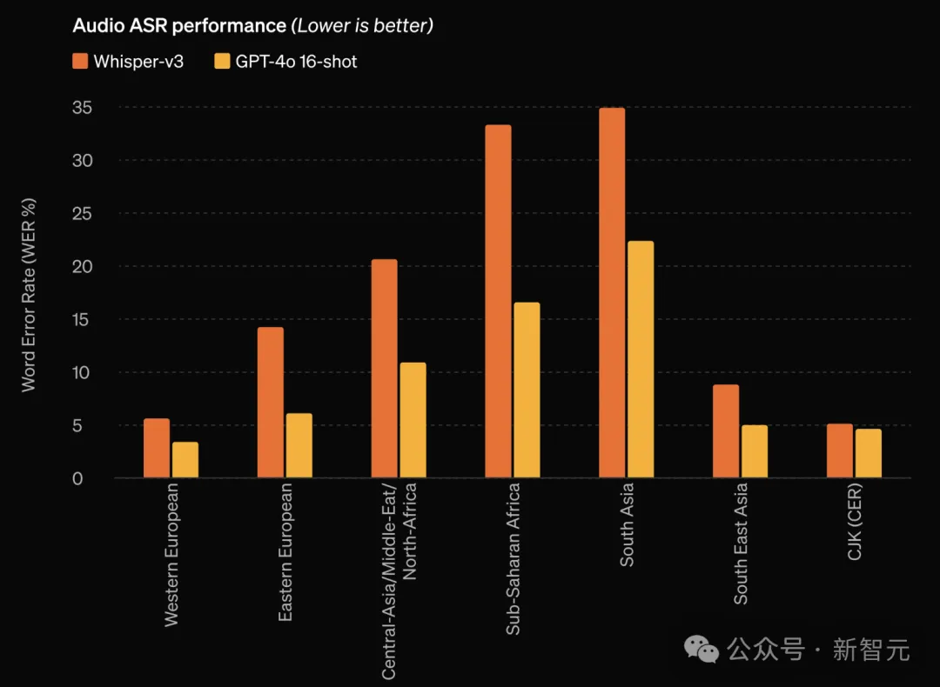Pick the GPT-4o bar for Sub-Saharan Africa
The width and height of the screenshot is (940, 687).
[527, 390]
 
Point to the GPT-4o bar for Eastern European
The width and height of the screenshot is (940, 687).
[299, 445]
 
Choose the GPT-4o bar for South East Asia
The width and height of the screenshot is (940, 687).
[755, 451]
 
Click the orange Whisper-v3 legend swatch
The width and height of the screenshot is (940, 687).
[81, 61]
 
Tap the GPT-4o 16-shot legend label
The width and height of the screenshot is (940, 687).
[297, 61]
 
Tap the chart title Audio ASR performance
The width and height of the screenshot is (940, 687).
[179, 25]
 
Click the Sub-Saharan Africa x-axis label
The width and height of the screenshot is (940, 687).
[514, 558]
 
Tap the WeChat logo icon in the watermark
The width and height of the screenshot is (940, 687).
[702, 648]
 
